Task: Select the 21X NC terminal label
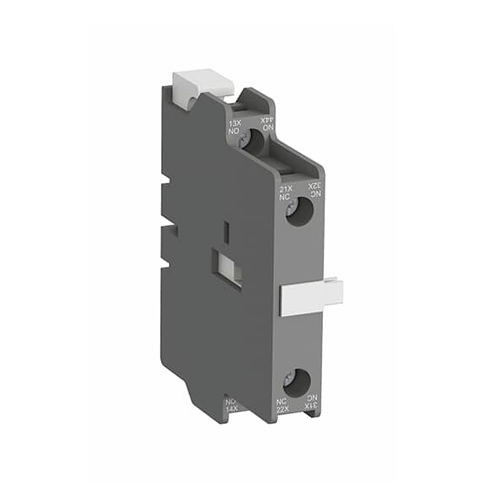(285, 192)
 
